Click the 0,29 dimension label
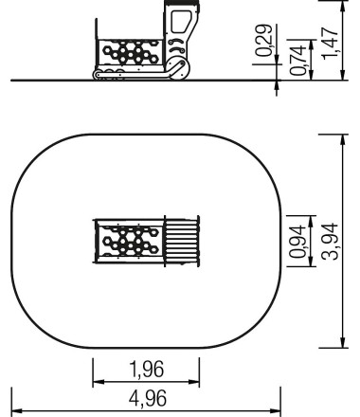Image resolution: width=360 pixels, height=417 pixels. click(263, 40)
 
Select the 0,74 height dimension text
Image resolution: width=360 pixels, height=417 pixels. click(297, 60)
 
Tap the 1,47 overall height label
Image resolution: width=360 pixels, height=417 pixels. click(330, 44)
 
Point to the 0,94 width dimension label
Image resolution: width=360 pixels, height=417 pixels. click(297, 242)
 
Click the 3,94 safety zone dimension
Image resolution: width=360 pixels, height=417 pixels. click(330, 242)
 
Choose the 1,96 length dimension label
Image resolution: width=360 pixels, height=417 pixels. click(147, 369)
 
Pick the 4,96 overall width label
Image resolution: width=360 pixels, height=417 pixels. click(148, 398)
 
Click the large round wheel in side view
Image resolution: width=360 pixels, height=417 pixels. click(179, 68)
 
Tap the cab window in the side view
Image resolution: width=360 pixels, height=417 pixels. click(181, 22)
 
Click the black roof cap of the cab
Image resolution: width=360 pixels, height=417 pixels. click(182, 3)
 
